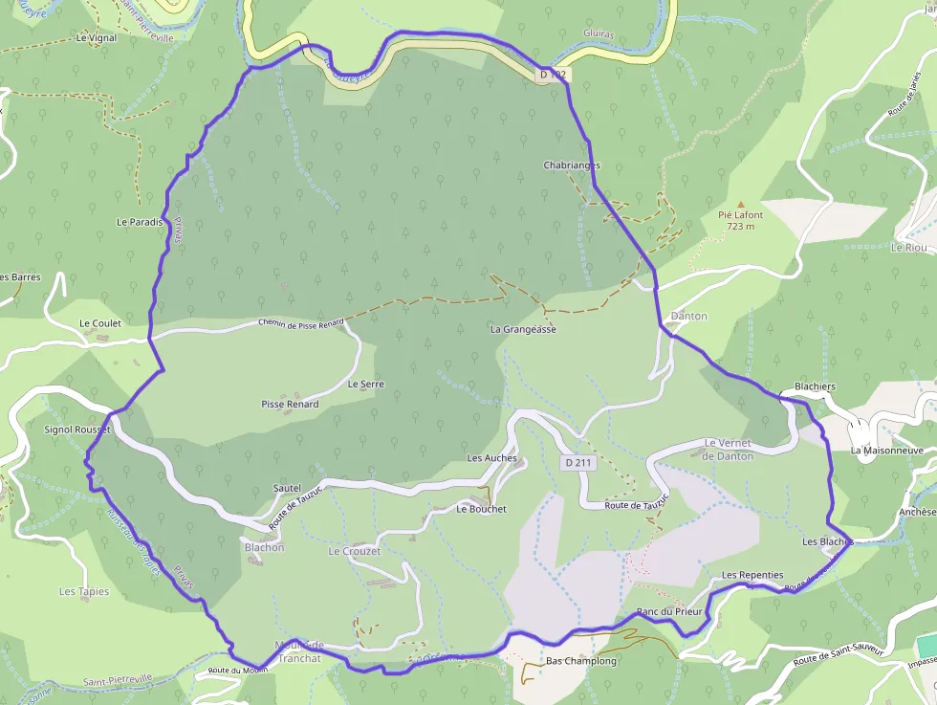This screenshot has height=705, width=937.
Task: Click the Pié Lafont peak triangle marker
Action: (x=740, y=205)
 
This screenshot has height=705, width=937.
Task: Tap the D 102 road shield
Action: (x=553, y=74)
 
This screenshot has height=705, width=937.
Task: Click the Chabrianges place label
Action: (x=572, y=165)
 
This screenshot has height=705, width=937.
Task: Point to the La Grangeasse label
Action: (x=523, y=329)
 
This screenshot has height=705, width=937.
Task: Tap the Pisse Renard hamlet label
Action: (x=290, y=405)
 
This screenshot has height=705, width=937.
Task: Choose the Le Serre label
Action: (x=365, y=384)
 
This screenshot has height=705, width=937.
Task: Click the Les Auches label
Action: (x=491, y=458)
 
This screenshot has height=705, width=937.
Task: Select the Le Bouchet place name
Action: (x=481, y=509)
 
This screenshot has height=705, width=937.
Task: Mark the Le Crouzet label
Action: (x=355, y=552)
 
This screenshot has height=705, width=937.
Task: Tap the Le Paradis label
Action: (x=140, y=222)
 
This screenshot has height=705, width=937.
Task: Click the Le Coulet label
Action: (x=100, y=323)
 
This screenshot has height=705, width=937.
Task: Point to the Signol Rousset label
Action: (x=77, y=430)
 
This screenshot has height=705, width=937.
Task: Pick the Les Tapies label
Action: (x=84, y=591)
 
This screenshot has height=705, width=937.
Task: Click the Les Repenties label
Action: (x=752, y=575)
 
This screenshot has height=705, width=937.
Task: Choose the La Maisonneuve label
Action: (x=886, y=450)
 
